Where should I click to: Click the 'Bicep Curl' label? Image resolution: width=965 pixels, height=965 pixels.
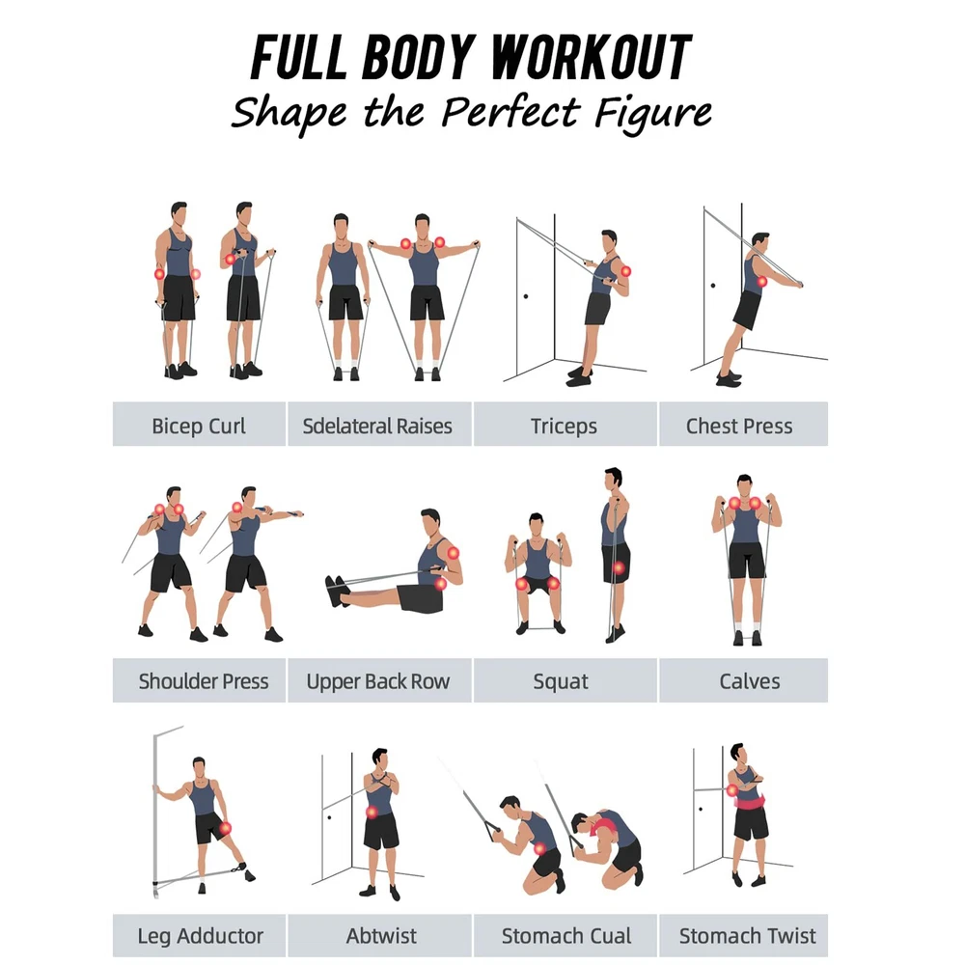tap(199, 426)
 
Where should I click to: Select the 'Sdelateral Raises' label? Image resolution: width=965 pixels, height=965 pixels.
tap(377, 426)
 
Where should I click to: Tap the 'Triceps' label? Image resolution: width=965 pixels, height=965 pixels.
tap(564, 427)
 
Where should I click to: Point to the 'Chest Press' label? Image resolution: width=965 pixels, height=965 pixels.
tap(739, 426)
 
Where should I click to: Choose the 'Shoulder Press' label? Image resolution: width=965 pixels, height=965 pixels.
tap(203, 681)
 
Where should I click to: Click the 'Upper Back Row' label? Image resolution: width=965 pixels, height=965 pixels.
tap(378, 681)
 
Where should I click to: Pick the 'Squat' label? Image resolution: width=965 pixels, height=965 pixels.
tap(560, 682)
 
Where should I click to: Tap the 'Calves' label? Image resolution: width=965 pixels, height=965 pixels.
tap(750, 681)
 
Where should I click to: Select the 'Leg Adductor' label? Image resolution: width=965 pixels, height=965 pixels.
tap(200, 936)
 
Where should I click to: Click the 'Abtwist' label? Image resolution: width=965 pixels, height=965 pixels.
tap(381, 935)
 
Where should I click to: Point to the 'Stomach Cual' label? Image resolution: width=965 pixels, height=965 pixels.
tap(566, 935)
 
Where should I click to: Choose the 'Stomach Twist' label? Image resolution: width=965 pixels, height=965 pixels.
tap(747, 935)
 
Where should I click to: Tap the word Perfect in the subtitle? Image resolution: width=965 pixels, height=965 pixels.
tap(510, 113)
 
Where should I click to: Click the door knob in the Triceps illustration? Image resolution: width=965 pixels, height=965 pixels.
tap(526, 296)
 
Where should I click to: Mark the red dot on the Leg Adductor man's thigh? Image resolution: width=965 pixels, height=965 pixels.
tap(225, 828)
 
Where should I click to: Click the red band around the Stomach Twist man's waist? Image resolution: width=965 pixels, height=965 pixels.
tap(750, 801)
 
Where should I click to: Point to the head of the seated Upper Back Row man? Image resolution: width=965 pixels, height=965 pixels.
tap(431, 524)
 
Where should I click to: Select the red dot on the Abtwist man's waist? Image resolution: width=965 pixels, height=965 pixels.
tap(372, 813)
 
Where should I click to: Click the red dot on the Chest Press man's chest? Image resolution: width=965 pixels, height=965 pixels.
tap(762, 282)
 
